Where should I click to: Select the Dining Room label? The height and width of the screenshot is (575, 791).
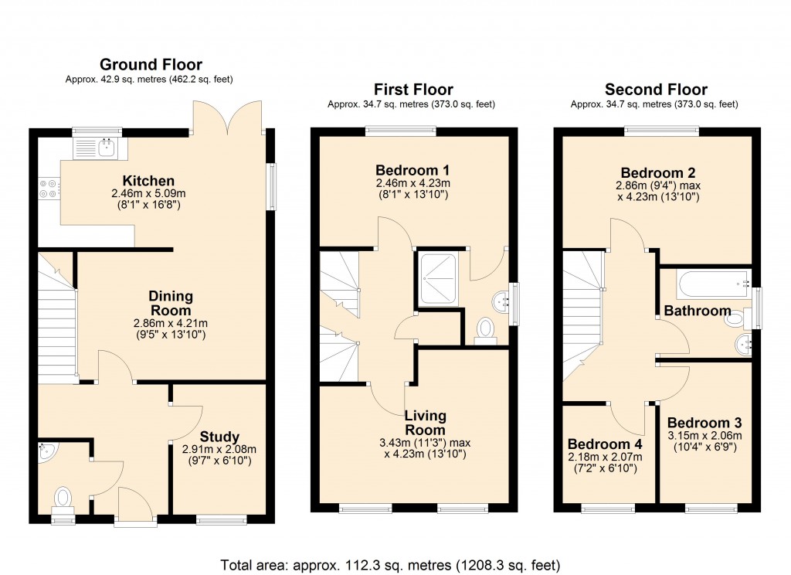point(171,303)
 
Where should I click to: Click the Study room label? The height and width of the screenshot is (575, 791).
point(219,437)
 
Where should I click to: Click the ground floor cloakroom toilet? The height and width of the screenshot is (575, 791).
point(63,497)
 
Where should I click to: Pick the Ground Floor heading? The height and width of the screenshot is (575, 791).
point(151,64)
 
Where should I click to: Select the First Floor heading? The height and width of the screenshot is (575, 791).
point(413,90)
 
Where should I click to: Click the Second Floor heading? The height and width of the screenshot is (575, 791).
point(656,90)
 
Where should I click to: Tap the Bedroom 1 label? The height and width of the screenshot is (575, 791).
point(412,170)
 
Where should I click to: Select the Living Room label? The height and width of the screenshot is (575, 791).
point(425,423)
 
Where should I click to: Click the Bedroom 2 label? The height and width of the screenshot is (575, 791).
point(656,172)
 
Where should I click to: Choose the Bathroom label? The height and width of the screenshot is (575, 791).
point(698,311)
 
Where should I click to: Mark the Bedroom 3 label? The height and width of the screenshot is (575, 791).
point(704,423)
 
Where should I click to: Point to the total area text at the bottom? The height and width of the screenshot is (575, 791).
point(390,563)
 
